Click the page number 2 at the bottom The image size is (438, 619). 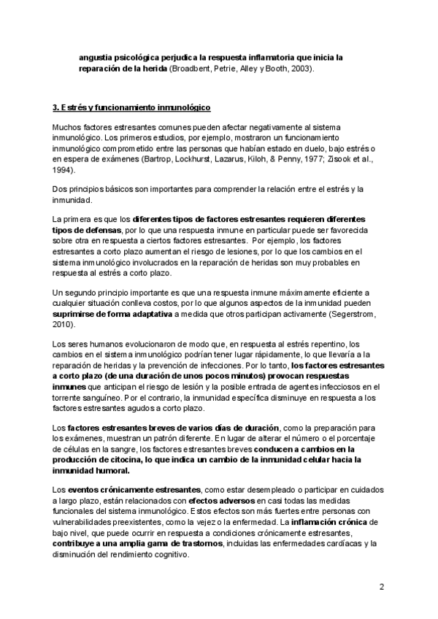(x=381, y=587)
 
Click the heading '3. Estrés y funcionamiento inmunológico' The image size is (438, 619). (x=132, y=108)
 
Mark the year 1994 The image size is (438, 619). (x=64, y=169)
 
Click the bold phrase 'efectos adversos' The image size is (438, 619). (x=218, y=501)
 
